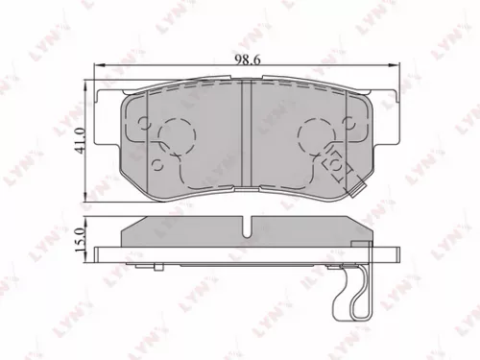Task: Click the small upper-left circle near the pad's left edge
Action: [x=143, y=122]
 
